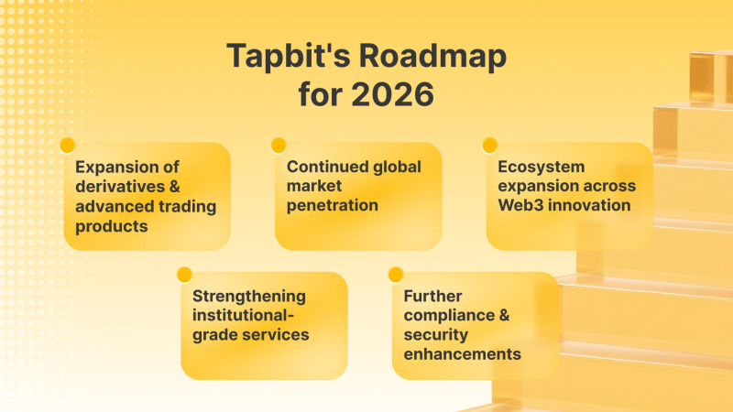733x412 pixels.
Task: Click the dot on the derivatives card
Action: (x=66, y=145)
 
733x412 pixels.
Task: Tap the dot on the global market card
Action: (x=279, y=145)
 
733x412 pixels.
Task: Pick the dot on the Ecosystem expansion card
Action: (x=489, y=145)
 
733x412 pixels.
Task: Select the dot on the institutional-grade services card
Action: (x=184, y=274)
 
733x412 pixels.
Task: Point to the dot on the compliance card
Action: (x=396, y=274)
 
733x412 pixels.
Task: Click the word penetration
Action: (x=332, y=206)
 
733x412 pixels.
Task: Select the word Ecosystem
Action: (x=541, y=168)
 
